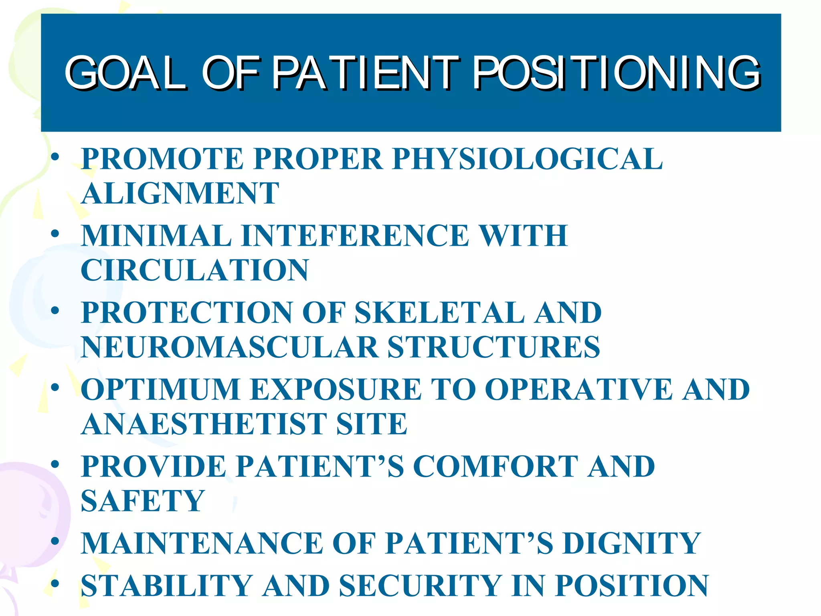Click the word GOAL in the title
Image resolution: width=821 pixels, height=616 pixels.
click(x=125, y=73)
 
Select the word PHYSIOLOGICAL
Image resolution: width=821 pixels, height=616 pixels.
click(x=527, y=159)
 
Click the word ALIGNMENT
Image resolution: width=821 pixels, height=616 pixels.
click(x=180, y=193)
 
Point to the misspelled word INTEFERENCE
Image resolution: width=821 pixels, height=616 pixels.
click(x=355, y=235)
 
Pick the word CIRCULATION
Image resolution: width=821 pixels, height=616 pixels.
click(x=195, y=270)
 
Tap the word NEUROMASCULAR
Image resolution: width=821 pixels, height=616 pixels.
click(x=229, y=347)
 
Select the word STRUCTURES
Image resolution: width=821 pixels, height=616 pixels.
click(x=493, y=347)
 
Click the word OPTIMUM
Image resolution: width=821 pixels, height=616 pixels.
click(x=160, y=389)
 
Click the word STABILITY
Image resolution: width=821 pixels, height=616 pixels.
click(x=166, y=586)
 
